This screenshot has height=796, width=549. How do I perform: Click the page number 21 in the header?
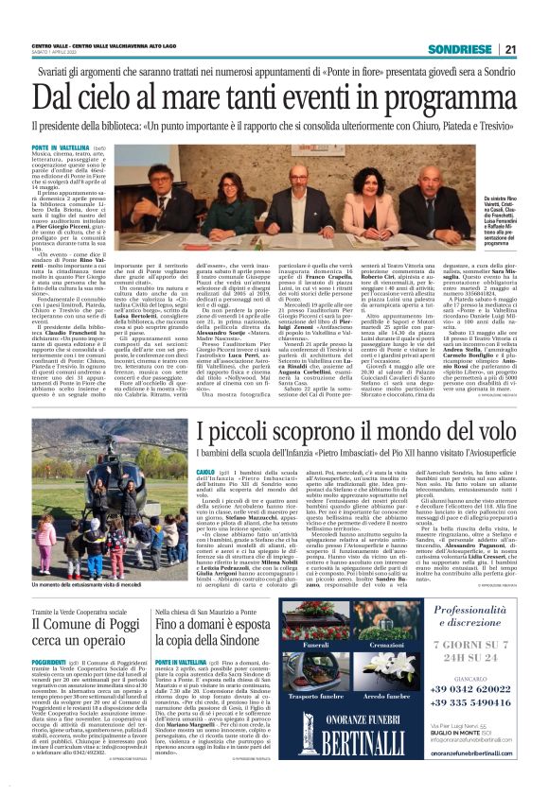tap(509, 49)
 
